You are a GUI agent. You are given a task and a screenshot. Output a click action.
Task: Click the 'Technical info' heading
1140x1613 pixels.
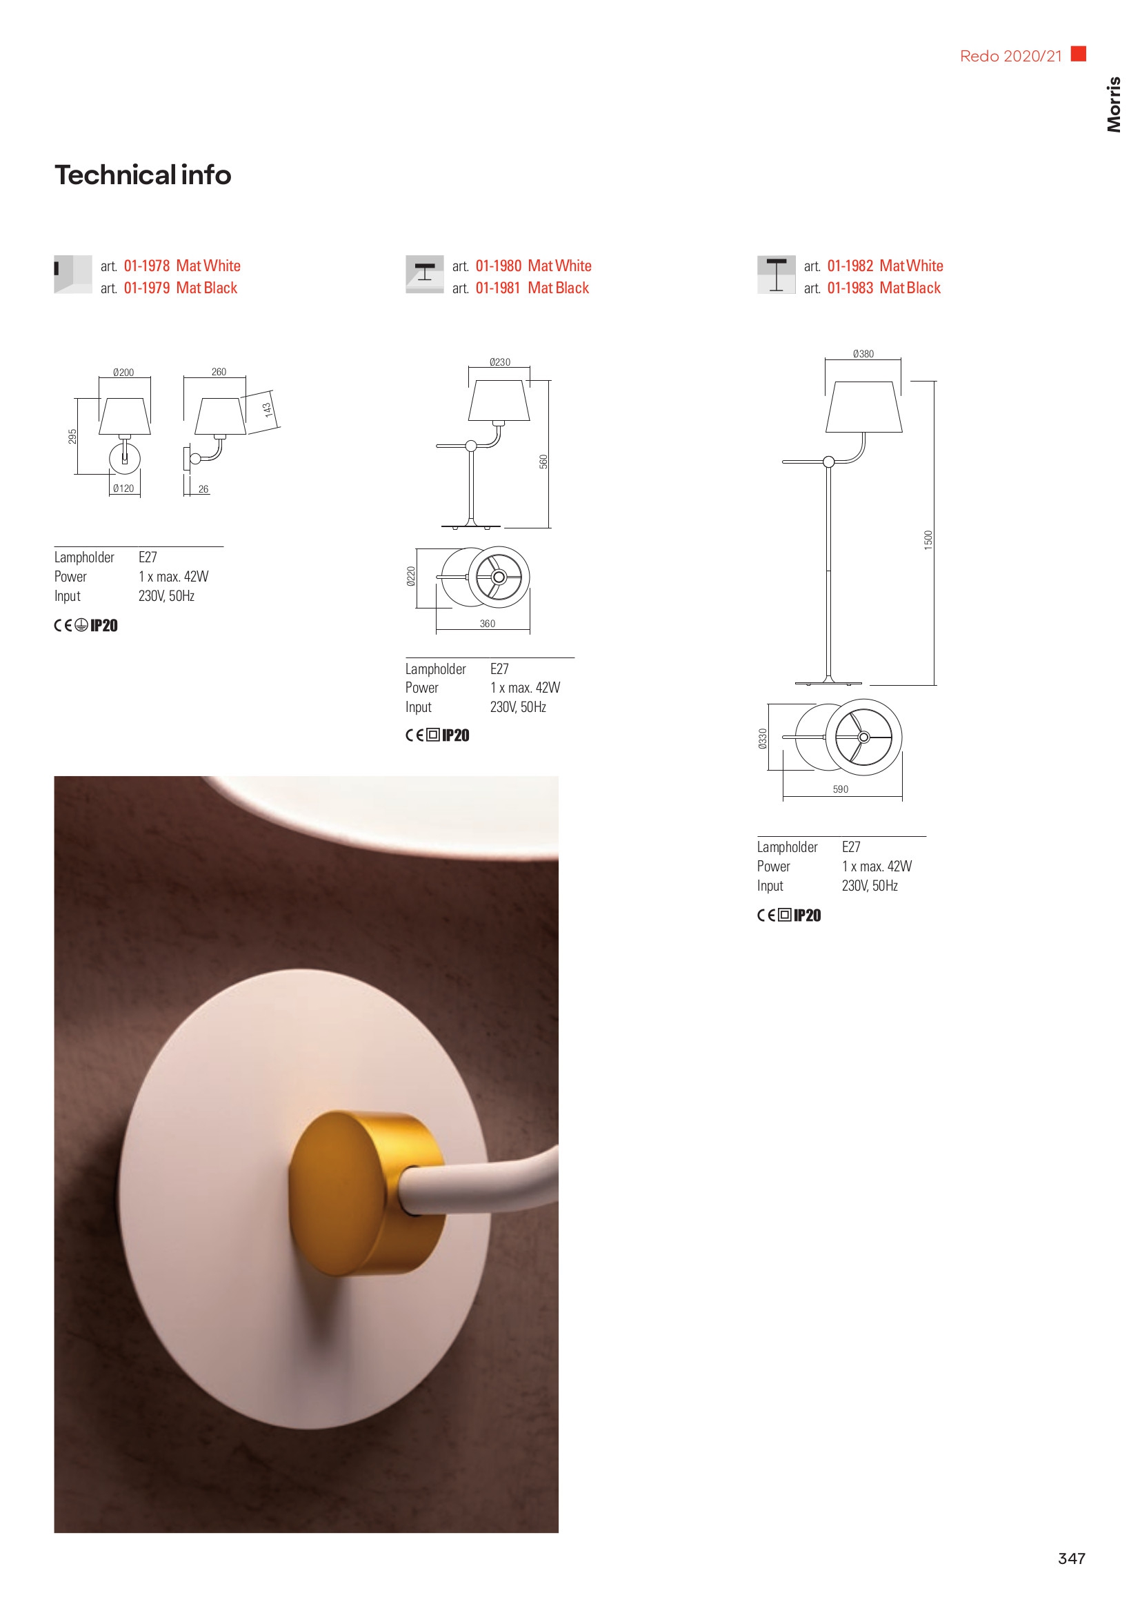pos(143,175)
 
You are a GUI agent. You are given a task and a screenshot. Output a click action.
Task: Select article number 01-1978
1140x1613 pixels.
pos(147,266)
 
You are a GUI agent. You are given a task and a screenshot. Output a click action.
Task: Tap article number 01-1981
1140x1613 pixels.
pos(498,288)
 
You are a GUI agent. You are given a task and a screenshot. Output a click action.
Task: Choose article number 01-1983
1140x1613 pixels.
pos(850,288)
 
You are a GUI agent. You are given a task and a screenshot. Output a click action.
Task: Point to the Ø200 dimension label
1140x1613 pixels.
pos(123,373)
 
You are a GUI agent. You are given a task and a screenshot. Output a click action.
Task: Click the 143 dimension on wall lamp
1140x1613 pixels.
pos(268,410)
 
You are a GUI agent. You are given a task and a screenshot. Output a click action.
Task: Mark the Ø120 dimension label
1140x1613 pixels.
pos(123,488)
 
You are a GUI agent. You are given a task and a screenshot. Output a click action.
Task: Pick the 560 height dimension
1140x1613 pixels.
pos(543,462)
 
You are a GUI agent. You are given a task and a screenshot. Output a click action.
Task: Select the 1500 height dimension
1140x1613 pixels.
pos(928,540)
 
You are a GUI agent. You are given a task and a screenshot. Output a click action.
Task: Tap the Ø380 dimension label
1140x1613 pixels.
pos(863,354)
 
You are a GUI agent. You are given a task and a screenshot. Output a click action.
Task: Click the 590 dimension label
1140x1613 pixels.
pos(841,789)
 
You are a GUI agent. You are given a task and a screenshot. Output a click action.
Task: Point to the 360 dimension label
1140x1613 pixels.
pos(488,623)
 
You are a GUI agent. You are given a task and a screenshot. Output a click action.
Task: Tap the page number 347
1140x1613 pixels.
pos(1071,1558)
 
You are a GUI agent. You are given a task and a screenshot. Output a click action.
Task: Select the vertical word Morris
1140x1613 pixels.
pos(1113,104)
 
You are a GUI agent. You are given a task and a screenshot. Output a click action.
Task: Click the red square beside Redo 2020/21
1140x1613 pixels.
pos(1078,53)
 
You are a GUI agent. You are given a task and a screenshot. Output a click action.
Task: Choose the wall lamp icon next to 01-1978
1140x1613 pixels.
pos(73,274)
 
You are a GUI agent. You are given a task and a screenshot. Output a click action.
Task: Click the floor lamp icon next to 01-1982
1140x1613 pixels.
pos(776,274)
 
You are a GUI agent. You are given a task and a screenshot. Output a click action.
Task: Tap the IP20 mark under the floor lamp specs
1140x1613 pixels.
pos(807,915)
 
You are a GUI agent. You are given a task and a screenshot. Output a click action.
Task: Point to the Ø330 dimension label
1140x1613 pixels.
pos(763,738)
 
